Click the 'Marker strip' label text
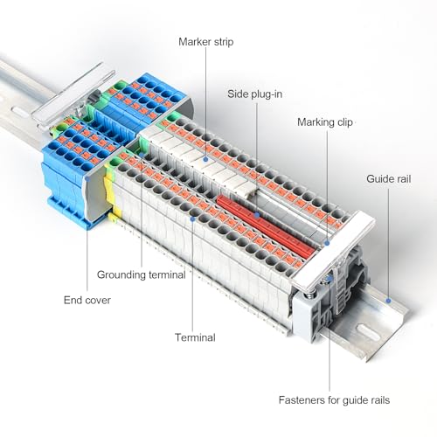point(206,42)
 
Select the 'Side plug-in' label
point(254,94)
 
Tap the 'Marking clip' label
point(325,122)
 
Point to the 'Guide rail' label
point(389,179)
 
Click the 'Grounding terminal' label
point(141,274)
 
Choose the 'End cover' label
point(87,300)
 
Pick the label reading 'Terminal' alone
point(195,337)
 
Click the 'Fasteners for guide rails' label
point(334,400)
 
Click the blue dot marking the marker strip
point(205,159)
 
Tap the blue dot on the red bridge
point(257,215)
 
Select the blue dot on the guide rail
point(388,301)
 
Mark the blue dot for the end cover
point(87,178)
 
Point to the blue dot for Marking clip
point(327,243)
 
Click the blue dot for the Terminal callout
point(192,218)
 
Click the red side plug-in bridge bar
point(265,226)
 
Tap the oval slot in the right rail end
point(368,332)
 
